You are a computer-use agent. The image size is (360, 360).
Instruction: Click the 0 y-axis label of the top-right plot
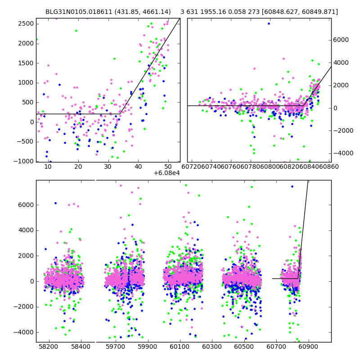335,108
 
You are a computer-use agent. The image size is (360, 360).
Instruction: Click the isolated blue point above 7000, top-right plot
269,23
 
